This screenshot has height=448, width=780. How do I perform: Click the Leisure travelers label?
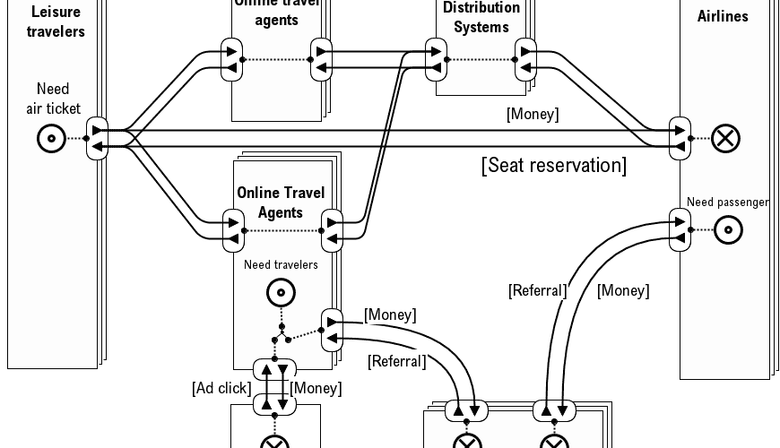click(56, 22)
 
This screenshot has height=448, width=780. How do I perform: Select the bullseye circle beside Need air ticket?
click(52, 138)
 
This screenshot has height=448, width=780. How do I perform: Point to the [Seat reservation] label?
click(553, 166)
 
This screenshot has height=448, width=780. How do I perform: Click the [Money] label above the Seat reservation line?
click(532, 114)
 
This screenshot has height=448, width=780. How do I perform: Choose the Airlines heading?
click(723, 16)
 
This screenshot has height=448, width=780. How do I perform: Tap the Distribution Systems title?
click(481, 17)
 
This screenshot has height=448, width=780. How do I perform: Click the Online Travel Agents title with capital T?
click(281, 202)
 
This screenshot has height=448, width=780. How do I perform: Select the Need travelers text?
click(281, 264)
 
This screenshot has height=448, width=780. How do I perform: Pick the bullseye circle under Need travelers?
click(282, 292)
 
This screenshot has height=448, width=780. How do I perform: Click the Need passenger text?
click(728, 202)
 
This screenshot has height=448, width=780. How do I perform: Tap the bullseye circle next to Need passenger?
click(728, 230)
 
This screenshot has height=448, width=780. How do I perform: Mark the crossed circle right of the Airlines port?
click(725, 138)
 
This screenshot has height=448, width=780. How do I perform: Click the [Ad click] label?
click(221, 388)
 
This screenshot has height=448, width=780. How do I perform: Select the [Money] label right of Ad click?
click(316, 388)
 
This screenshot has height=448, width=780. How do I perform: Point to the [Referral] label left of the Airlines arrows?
click(537, 290)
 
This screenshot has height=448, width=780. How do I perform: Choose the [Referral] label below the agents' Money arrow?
click(396, 361)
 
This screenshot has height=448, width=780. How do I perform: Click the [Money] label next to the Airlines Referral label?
click(623, 290)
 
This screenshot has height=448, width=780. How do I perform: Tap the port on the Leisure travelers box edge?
click(97, 139)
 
